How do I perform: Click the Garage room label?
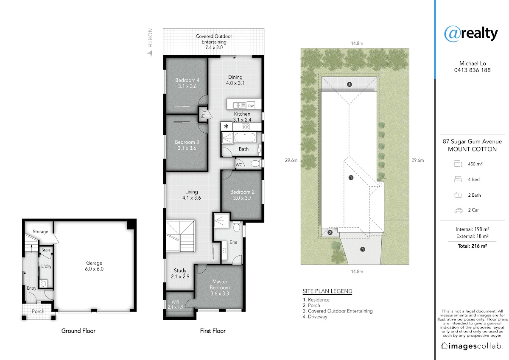click(94, 266)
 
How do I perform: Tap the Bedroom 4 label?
click(187, 83)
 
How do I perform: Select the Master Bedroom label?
click(220, 287)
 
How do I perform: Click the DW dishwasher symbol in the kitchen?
click(251, 106)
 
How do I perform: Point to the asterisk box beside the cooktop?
click(226, 126)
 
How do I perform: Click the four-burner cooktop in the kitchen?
click(246, 127)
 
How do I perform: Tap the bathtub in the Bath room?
click(245, 138)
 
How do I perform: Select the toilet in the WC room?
click(256, 163)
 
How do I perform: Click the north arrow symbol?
click(150, 53)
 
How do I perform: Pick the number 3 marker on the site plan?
click(349, 84)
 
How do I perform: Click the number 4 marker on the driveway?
click(363, 249)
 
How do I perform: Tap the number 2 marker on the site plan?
click(330, 232)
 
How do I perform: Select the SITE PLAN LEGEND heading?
click(327, 291)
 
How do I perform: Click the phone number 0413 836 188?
click(472, 70)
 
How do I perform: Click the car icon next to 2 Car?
click(458, 210)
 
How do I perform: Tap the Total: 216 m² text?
click(472, 246)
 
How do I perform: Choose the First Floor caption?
click(213, 331)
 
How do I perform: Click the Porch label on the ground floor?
click(38, 311)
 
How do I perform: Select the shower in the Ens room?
click(221, 220)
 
